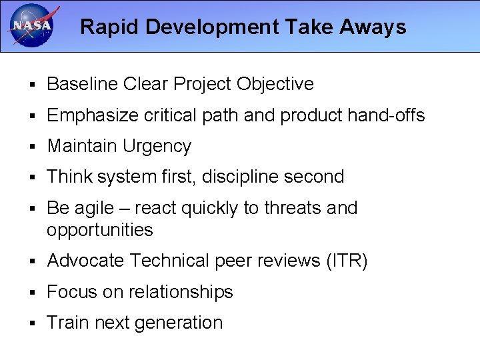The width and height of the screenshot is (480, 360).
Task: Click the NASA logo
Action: (x=32, y=26)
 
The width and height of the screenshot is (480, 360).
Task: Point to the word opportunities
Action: (x=100, y=230)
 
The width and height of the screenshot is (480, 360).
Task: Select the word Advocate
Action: (x=86, y=261)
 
